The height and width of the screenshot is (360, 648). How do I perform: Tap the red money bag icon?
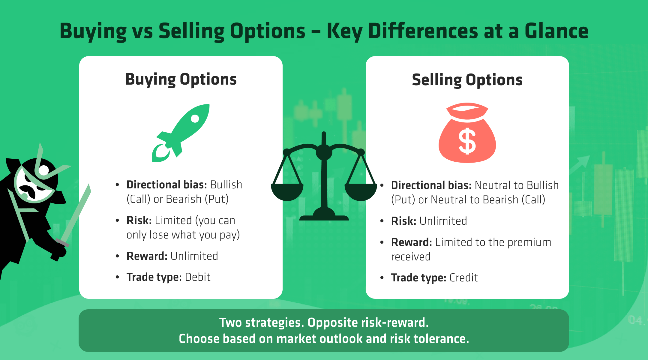467,135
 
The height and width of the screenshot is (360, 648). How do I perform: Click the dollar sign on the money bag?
467,141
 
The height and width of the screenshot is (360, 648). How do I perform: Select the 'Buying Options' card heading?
181,79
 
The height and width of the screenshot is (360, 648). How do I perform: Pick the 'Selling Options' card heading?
467,80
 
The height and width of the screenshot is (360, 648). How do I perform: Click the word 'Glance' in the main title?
556,31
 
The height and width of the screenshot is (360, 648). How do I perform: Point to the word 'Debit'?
198,277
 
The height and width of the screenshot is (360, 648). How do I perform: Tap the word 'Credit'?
463,278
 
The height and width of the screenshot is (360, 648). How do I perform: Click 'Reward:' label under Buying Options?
147,256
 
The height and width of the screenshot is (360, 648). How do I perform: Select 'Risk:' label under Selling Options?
403,221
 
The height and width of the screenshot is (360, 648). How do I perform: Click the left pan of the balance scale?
287,192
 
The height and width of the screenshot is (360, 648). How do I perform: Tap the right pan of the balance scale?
361,192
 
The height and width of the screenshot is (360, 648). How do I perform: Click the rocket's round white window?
195,118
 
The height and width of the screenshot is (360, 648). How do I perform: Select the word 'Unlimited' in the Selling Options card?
443,221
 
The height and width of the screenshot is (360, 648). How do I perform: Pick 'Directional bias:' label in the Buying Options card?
166,185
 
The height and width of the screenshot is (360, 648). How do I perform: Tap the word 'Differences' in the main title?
423,31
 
